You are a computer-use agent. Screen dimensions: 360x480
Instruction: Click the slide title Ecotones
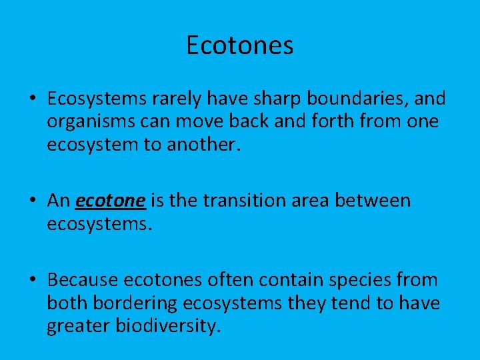[x=239, y=45]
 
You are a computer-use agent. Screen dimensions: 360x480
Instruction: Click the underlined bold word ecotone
[x=111, y=201]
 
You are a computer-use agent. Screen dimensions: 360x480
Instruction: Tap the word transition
[x=242, y=201]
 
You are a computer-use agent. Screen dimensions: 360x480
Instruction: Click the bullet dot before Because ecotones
[x=33, y=280]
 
